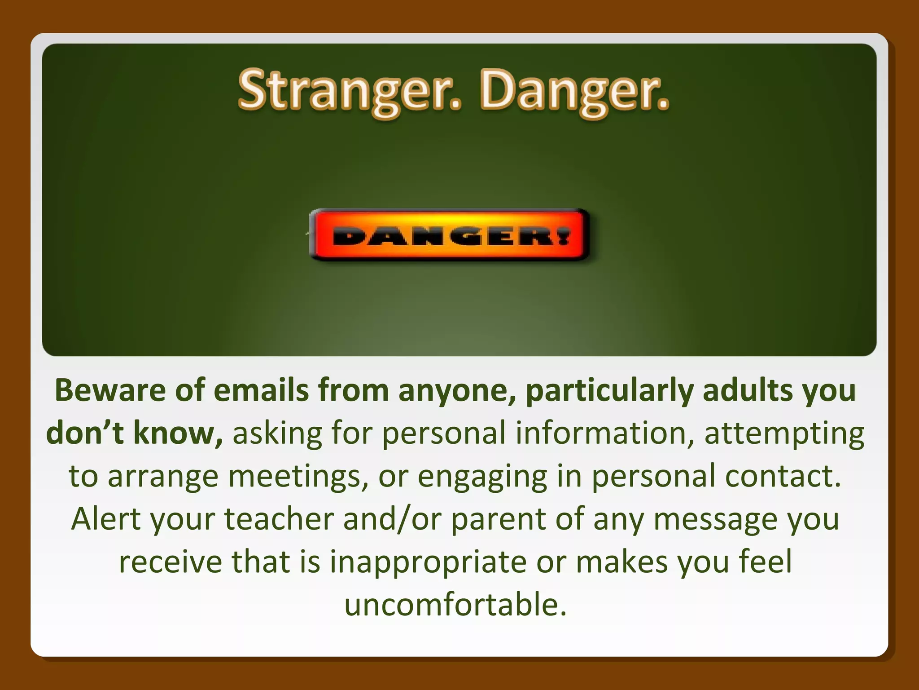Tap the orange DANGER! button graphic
pos(449,235)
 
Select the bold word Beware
pos(110,390)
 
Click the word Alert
pos(106,519)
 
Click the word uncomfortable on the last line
pos(455,605)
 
